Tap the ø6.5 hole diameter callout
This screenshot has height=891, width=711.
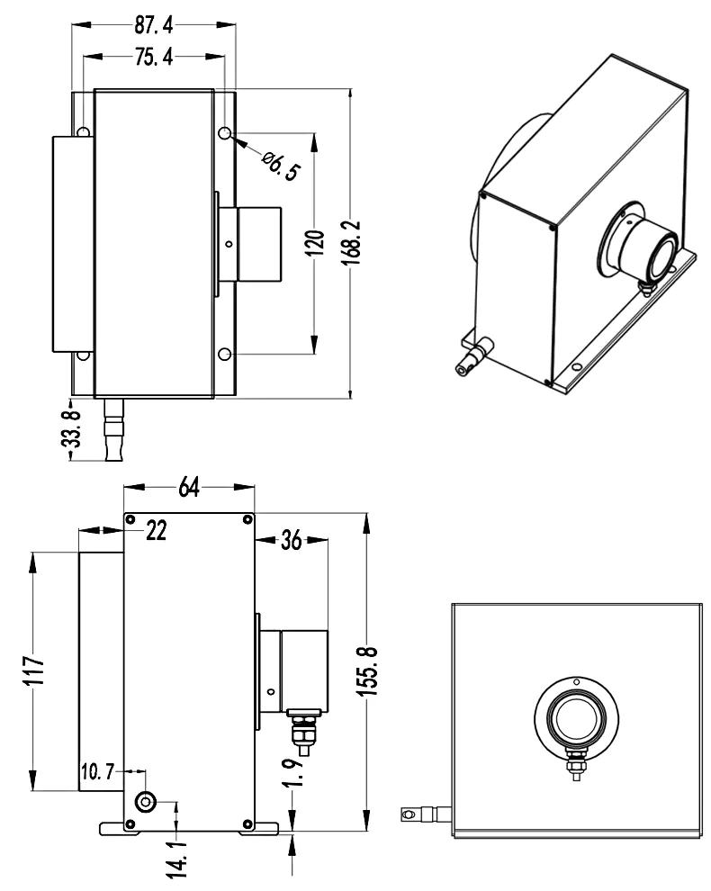(x=279, y=166)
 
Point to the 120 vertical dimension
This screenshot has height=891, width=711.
(x=312, y=243)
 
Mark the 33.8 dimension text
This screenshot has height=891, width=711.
(x=75, y=430)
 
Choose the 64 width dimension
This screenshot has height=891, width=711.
(x=188, y=487)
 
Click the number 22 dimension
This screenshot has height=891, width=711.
(x=157, y=531)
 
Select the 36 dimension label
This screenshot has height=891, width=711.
(x=292, y=540)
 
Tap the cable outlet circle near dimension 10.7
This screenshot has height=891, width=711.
(x=144, y=803)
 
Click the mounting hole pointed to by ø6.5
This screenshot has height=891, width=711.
(x=224, y=133)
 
